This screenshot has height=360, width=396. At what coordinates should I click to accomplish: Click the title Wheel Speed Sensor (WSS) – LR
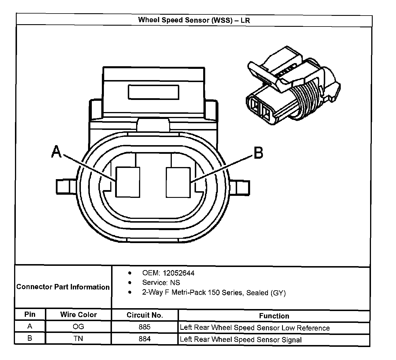click(x=194, y=20)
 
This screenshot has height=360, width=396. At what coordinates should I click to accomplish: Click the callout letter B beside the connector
click(x=258, y=153)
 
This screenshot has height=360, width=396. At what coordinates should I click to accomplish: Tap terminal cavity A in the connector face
click(x=128, y=182)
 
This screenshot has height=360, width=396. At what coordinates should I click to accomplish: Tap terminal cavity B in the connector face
click(x=178, y=183)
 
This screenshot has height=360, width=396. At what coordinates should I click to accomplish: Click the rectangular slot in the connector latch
click(x=153, y=92)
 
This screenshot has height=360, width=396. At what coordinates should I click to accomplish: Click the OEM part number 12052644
click(x=178, y=273)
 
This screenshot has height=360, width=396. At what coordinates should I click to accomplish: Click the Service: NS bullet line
click(x=161, y=283)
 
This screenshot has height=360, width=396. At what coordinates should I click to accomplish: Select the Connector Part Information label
click(x=63, y=287)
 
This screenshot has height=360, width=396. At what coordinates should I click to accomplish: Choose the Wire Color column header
click(x=78, y=314)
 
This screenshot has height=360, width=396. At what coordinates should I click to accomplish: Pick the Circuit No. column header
click(x=145, y=315)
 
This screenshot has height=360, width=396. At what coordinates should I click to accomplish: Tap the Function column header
click(x=274, y=316)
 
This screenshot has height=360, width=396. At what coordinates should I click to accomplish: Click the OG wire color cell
click(x=78, y=327)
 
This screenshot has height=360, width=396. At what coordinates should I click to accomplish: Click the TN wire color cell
click(x=78, y=338)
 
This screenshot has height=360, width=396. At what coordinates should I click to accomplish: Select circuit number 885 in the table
click(x=144, y=327)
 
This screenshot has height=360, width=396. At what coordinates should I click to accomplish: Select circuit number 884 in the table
click(x=144, y=339)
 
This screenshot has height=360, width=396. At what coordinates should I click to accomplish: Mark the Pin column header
click(x=30, y=314)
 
